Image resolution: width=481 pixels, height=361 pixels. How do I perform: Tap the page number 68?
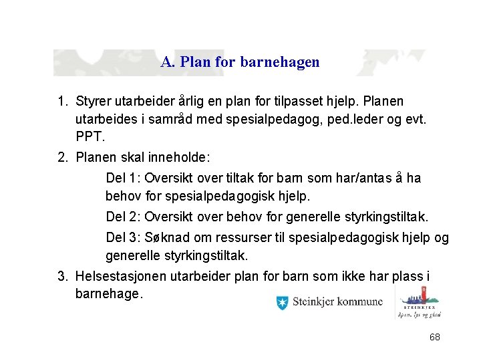[435, 337]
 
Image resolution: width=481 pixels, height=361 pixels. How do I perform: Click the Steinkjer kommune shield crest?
[282, 303]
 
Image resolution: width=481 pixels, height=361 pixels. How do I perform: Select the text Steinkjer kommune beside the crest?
[337, 302]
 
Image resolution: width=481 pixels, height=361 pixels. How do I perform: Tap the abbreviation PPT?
[90, 137]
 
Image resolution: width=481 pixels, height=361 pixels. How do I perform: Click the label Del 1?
[123, 178]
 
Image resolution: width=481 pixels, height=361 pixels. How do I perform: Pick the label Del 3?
[123, 238]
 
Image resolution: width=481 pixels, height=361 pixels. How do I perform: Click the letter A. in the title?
[167, 62]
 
